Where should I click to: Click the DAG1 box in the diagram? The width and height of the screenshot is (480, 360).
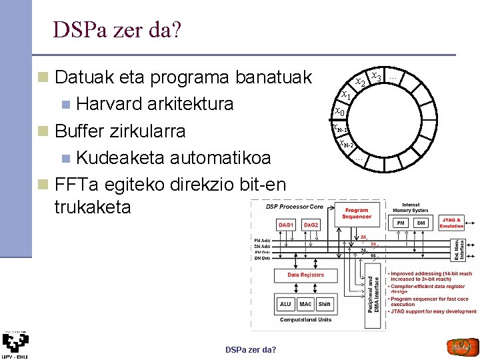286,225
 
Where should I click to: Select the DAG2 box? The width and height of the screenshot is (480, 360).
311,225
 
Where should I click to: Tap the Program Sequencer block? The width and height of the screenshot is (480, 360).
357,213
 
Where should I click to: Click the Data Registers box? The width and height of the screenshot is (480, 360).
306,275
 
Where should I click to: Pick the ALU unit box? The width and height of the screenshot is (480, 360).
285,304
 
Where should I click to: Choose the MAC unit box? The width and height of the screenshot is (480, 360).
306,304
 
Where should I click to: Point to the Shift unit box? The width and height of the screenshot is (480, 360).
325,304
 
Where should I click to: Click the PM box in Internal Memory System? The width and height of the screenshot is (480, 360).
401,223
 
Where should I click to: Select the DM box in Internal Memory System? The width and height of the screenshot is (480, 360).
421,223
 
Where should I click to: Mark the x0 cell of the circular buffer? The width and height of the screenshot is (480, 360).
339,111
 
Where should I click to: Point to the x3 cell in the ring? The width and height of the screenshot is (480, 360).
376,77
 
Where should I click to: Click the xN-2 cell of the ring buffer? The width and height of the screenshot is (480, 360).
346,144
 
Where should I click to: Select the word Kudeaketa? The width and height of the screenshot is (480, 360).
120,157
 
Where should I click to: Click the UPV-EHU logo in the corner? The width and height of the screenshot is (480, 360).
15,343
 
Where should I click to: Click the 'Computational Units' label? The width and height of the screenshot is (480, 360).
305,320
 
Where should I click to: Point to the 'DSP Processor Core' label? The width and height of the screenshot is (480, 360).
295,207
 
